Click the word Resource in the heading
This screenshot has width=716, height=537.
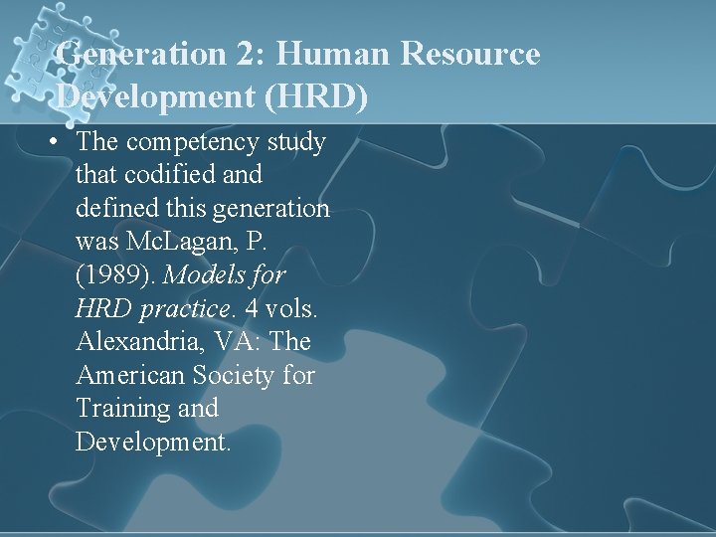(x=470, y=54)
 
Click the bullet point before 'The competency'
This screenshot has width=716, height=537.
(x=50, y=142)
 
